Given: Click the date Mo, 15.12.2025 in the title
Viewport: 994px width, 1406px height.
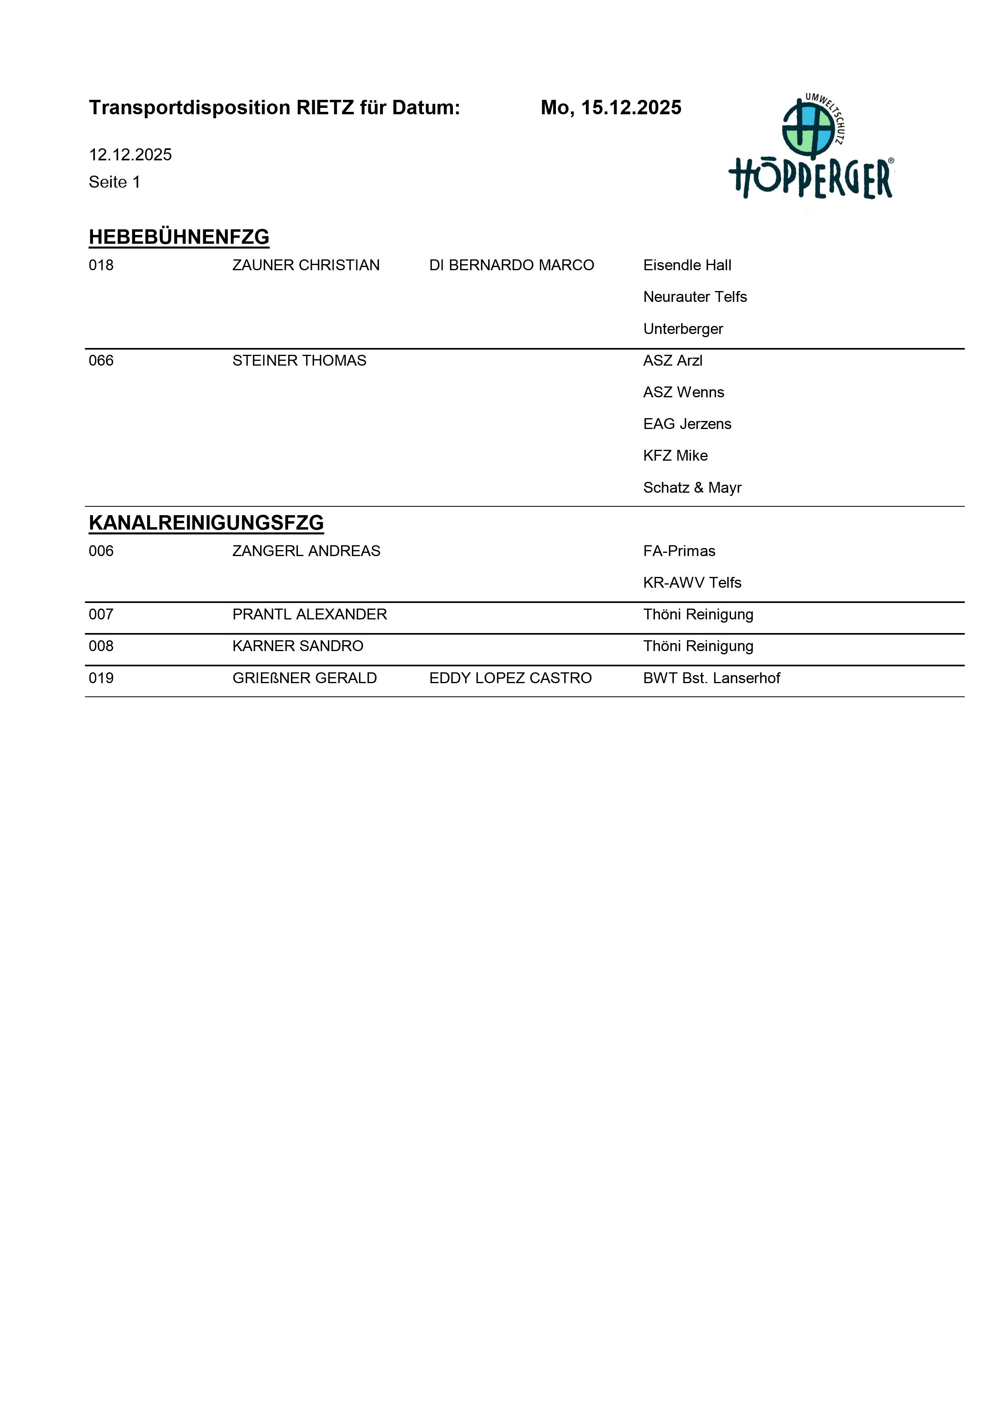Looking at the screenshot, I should point(610,108).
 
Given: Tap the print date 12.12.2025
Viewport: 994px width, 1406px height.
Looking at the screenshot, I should point(130,154).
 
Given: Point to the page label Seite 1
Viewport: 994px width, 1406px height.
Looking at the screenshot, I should point(115,182).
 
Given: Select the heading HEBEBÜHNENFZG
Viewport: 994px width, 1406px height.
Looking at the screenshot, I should point(179,237).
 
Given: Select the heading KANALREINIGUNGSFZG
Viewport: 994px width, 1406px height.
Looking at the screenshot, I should point(206,523).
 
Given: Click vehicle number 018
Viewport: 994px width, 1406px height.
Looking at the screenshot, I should point(101,265).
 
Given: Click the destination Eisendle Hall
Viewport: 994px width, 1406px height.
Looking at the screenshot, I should point(687,265).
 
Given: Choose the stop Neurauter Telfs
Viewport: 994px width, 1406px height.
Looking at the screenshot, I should point(695,297).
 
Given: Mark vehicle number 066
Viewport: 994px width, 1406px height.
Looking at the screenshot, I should point(101,361).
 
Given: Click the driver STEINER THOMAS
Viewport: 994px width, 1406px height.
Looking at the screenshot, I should point(299,361).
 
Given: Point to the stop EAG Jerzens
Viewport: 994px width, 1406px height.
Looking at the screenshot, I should point(687,424).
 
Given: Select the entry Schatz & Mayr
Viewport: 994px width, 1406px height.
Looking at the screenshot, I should point(692,488).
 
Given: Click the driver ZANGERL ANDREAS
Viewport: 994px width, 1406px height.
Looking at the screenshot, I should point(306,551).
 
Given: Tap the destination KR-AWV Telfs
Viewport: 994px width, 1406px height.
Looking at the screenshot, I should point(692,583).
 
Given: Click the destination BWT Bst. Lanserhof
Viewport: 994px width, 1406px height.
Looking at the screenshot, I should point(711,678).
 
